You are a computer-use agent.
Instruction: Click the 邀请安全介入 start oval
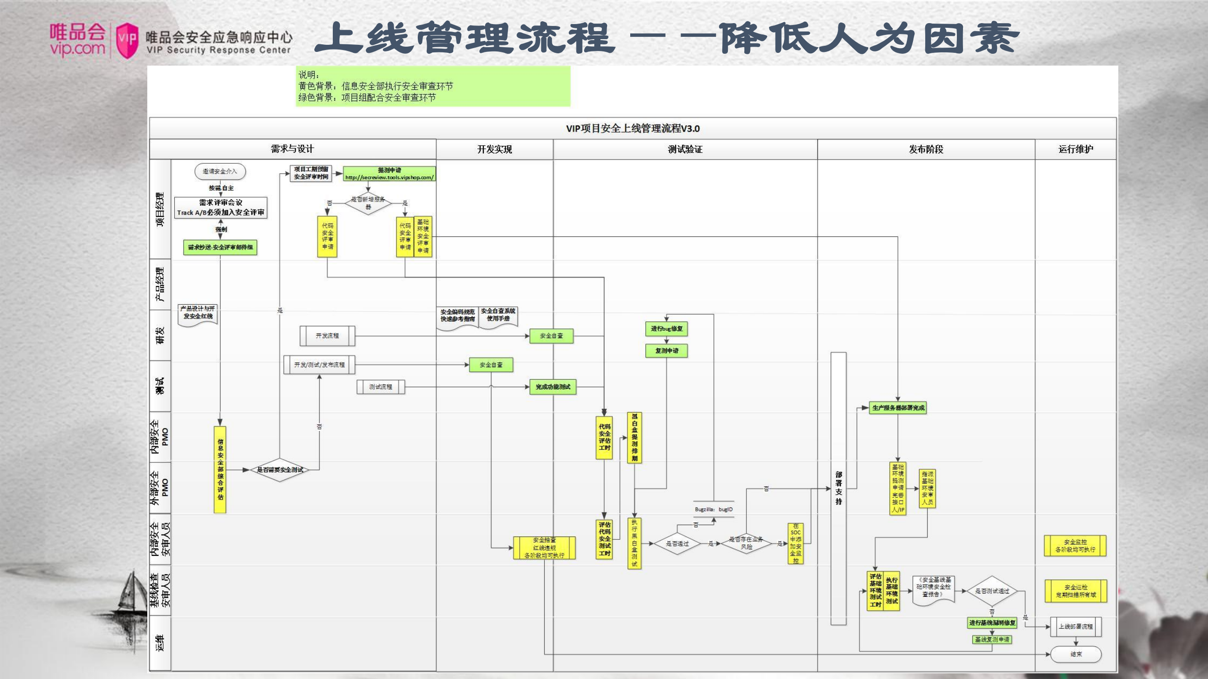(220, 171)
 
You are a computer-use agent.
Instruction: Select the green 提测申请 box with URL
(389, 174)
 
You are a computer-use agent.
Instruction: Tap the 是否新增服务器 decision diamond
(368, 203)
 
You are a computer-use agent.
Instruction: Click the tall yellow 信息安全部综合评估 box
(220, 469)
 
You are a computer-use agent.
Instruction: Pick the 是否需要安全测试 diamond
(280, 470)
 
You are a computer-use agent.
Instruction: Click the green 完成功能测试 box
(552, 387)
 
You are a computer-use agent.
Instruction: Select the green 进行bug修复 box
(667, 329)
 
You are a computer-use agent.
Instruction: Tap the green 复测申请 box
(667, 351)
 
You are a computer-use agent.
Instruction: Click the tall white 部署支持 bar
(838, 488)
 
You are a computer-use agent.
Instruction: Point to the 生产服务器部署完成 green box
(898, 408)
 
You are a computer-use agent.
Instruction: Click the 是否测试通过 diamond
(992, 591)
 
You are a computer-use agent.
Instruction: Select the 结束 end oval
(1076, 654)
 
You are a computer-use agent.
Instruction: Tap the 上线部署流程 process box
(1075, 627)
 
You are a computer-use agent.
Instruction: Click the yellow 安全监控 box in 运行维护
(1075, 546)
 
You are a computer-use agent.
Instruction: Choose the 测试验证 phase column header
(685, 150)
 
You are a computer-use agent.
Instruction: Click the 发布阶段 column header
(926, 150)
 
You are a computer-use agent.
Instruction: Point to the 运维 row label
(161, 643)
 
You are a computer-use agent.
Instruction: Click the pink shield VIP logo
(127, 41)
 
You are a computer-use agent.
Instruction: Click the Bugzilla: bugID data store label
(713, 509)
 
